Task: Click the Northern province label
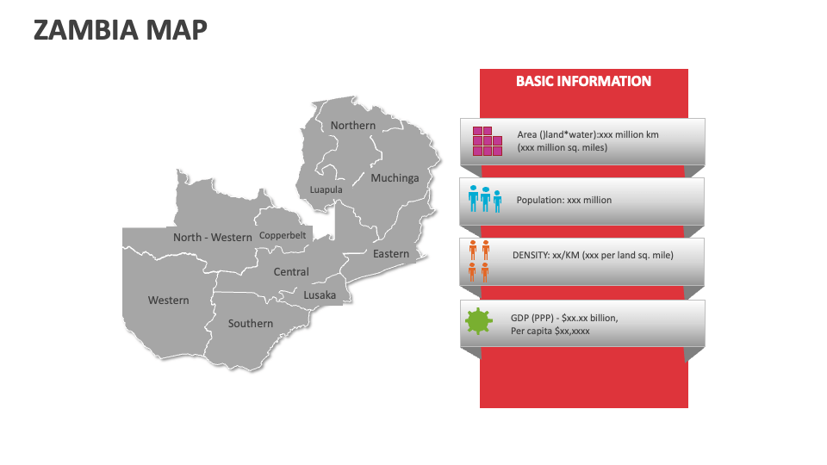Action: coord(353,126)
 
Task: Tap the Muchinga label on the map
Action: coord(395,178)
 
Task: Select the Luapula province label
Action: coord(326,189)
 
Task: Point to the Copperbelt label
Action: coord(283,236)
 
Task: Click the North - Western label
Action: coord(213,238)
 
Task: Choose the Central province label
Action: coord(291,272)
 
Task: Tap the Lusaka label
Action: coord(320,295)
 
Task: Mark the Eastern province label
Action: coord(391,254)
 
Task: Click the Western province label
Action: coord(168,301)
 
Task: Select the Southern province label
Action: coord(251,324)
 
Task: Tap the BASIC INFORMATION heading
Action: coord(583,81)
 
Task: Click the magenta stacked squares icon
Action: coord(488,141)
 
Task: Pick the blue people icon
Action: coord(485,199)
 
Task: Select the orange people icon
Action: coord(479,261)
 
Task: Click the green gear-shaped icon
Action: coord(479,321)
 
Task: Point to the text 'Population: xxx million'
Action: coord(563,201)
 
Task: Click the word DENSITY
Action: coord(531,255)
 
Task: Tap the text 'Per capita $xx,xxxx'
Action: coord(550,331)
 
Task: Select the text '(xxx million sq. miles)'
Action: coord(563,147)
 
